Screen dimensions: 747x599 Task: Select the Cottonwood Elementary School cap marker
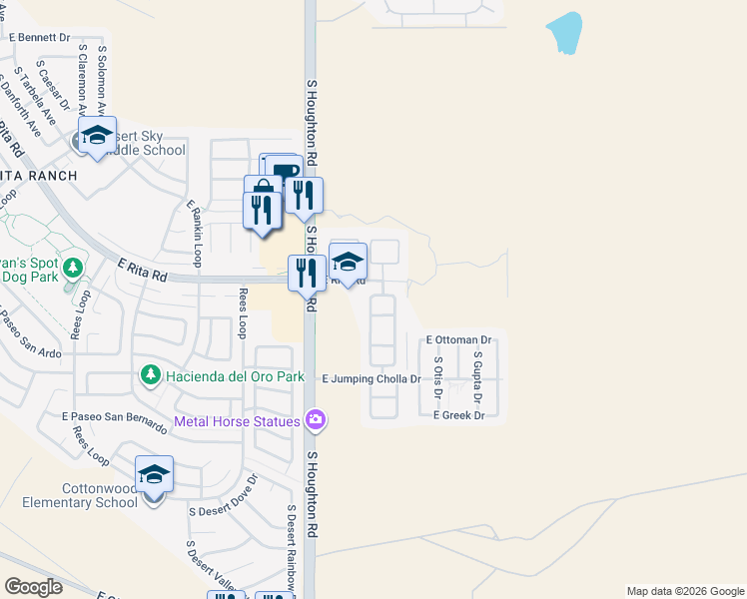pos(154,474)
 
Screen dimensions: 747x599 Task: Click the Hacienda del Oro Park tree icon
pos(151,375)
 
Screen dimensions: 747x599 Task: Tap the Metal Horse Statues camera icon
pos(317,419)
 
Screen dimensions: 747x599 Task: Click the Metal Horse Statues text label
pos(237,421)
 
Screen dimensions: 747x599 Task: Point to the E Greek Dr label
pos(458,415)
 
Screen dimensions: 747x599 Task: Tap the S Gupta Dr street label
pos(477,382)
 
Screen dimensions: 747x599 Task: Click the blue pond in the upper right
pos(564,33)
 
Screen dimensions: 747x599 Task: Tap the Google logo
pos(34,586)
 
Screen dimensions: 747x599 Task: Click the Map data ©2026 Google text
pos(684,591)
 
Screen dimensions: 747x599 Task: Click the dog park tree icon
pos(71,268)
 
